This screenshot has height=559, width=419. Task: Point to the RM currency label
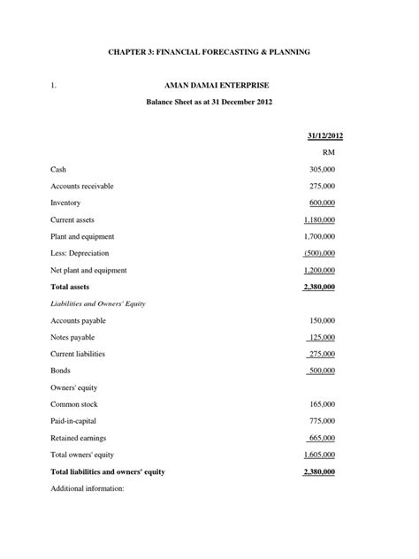coord(329,152)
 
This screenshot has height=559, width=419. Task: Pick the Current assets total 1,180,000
coord(319,219)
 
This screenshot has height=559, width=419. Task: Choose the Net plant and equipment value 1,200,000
coord(319,270)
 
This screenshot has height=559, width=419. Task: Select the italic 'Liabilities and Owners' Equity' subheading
coord(98,303)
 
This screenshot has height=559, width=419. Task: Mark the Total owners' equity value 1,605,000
coord(319,455)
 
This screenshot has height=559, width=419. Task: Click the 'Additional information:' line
coord(88,488)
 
